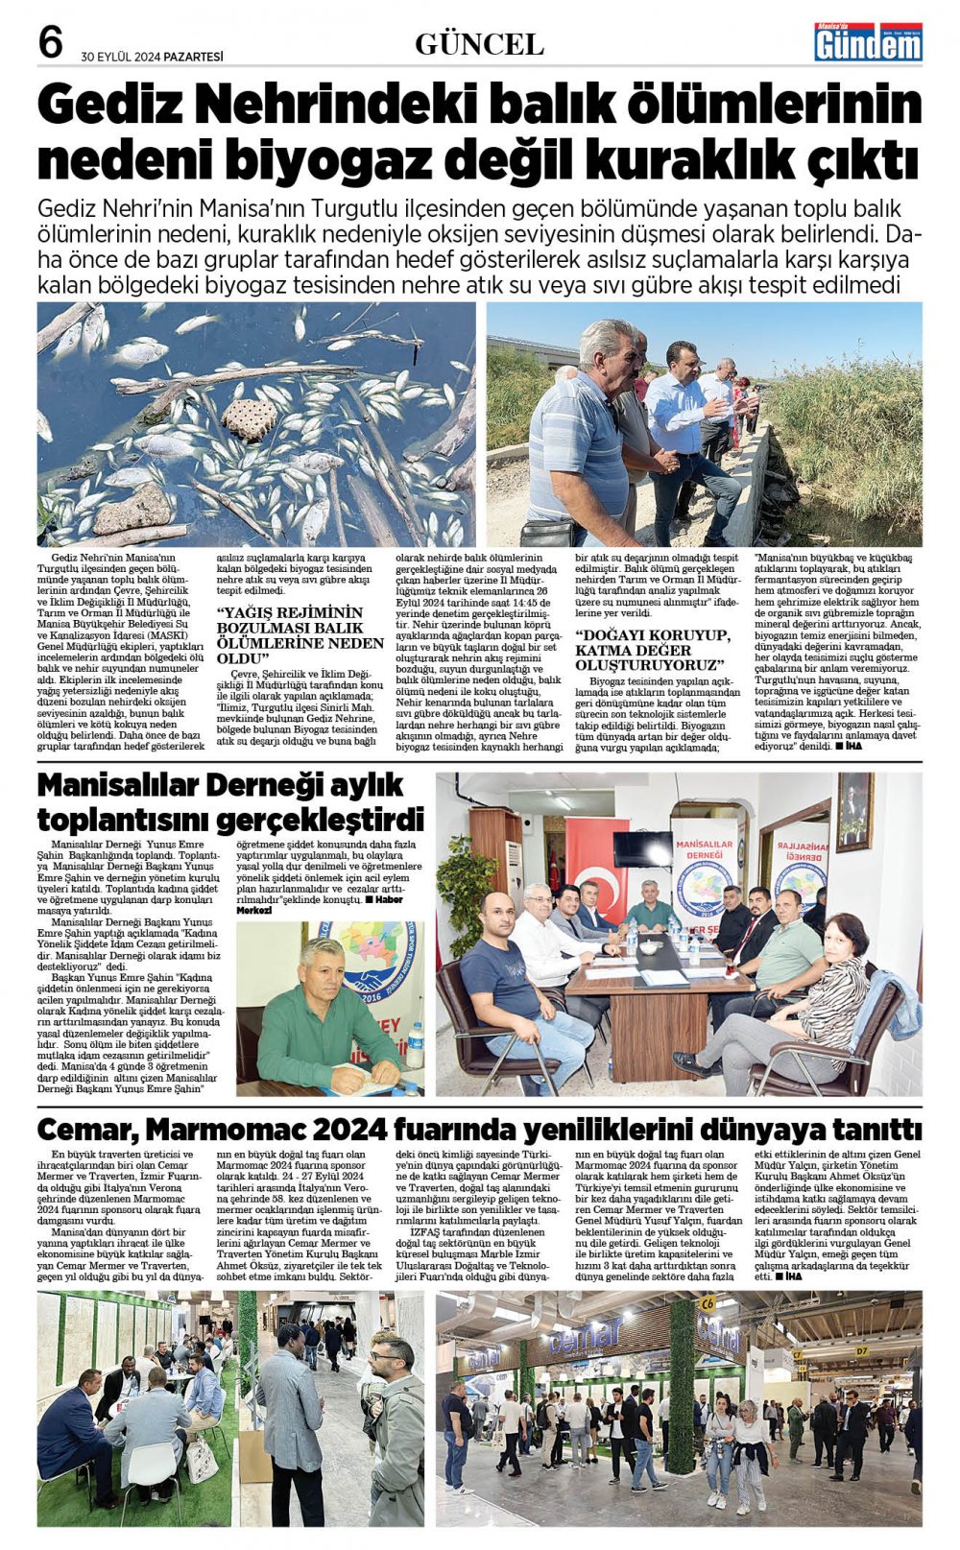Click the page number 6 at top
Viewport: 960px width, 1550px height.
click(x=50, y=42)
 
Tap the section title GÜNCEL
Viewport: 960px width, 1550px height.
click(x=479, y=44)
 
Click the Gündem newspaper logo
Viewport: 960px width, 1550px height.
click(x=868, y=43)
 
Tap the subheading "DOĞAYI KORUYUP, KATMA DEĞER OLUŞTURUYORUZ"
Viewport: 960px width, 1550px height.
click(x=653, y=650)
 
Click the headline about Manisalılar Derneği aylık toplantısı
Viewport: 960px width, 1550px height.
click(x=230, y=801)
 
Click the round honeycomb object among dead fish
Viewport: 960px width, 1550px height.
click(x=249, y=418)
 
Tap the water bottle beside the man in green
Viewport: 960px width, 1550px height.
click(x=415, y=1045)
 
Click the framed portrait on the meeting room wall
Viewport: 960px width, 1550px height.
click(x=853, y=812)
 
